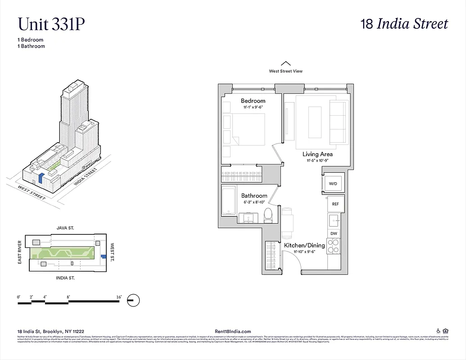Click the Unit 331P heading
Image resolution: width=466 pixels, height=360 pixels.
[x=51, y=24]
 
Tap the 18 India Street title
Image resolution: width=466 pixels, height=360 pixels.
[x=404, y=24]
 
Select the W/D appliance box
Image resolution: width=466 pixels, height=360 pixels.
[x=333, y=184]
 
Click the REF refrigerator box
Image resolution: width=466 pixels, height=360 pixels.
[x=335, y=204]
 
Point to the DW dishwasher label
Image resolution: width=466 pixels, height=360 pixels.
[x=334, y=234]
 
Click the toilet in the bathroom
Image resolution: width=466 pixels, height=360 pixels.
[x=268, y=216]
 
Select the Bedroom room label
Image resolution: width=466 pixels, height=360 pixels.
[x=253, y=101]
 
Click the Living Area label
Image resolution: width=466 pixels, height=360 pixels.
[x=317, y=154]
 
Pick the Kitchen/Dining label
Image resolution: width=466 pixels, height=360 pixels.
[x=304, y=245]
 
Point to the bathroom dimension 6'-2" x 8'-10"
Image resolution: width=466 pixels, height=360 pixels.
[x=254, y=202]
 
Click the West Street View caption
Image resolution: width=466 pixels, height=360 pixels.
[x=286, y=71]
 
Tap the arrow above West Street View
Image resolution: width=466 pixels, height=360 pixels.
[x=286, y=63]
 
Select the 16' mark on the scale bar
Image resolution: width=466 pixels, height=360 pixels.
[x=119, y=297]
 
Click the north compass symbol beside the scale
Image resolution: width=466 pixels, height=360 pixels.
[x=134, y=301]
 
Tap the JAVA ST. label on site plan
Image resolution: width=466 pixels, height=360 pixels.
[x=65, y=229]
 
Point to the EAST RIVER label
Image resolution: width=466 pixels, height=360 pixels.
[x=20, y=252]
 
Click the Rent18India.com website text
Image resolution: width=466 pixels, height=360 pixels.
[x=234, y=331]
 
